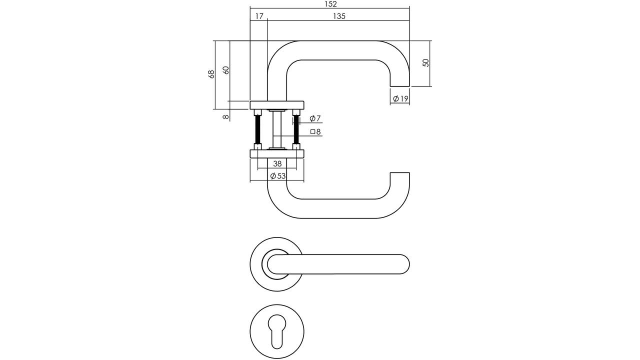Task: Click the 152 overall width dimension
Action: click(330, 4)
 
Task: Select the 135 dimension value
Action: click(339, 16)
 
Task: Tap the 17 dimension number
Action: click(259, 16)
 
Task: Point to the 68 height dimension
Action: click(211, 74)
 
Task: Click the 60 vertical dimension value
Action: click(225, 70)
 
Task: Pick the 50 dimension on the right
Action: click(425, 63)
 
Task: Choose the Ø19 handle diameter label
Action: click(400, 99)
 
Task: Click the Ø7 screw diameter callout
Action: click(315, 118)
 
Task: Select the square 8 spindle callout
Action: click(315, 131)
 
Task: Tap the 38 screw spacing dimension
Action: click(277, 163)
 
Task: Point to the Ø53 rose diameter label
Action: click(278, 176)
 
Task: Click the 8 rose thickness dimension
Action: click(225, 117)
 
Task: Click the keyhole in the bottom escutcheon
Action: click(277, 331)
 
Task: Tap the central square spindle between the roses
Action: click(277, 129)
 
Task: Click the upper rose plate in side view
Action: click(277, 105)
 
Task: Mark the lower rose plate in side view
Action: click(277, 154)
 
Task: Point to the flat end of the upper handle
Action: click(400, 86)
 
